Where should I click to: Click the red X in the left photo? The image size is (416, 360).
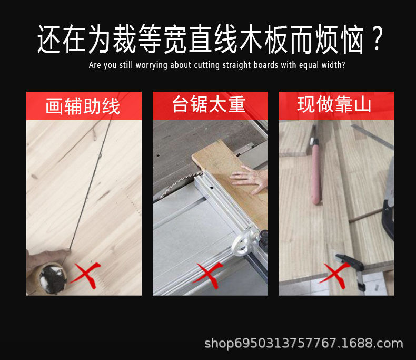(x=85, y=274)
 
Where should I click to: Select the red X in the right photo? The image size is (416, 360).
(x=334, y=273)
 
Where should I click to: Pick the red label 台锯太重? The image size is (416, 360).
(x=209, y=105)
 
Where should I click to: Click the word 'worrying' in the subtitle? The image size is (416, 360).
(x=153, y=66)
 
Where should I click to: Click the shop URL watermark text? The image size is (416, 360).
(x=303, y=344)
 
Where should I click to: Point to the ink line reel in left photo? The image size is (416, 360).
(x=52, y=275)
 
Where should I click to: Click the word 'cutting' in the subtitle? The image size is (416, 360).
(x=211, y=66)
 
